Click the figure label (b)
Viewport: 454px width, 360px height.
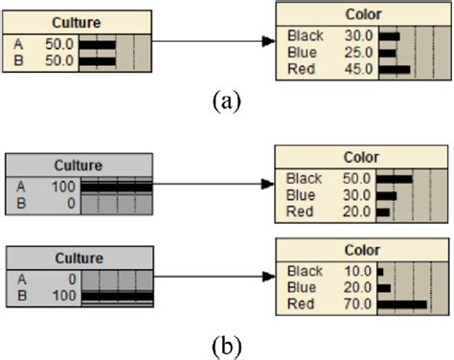[227, 343]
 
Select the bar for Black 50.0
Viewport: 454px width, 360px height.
[394, 178]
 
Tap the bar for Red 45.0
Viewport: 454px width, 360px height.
[394, 69]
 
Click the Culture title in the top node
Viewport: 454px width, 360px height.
[78, 22]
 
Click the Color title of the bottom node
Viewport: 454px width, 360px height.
[358, 253]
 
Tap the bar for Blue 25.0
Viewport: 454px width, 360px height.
[387, 54]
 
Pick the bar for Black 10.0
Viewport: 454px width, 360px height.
[380, 271]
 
